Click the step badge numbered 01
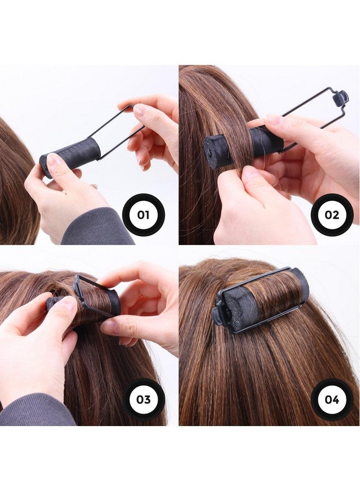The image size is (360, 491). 143,214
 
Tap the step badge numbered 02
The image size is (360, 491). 332,214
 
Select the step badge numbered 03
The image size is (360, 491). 143,399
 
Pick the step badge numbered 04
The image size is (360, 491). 332,399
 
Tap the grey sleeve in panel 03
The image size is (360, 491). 33,412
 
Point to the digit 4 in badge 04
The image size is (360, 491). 335,399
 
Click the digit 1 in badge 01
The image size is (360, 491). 147,214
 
